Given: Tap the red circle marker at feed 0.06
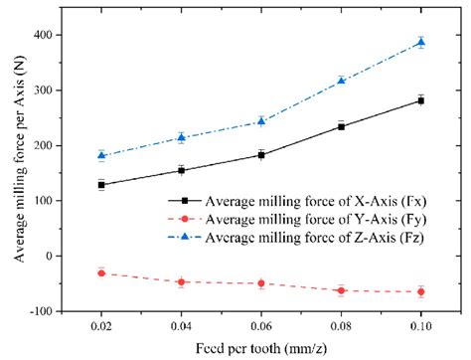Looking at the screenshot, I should click(260, 283).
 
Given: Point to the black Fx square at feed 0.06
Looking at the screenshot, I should click(260, 154).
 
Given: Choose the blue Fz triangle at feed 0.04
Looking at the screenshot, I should click(181, 137).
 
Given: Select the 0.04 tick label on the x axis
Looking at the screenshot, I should click(181, 325).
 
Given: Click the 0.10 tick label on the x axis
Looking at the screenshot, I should click(420, 325).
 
